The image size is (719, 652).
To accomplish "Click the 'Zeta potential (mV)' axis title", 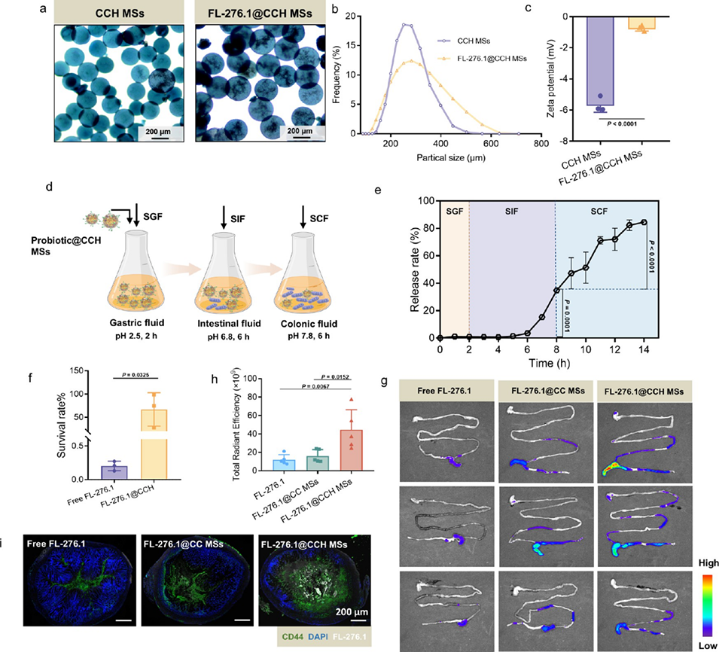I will [x=560, y=72].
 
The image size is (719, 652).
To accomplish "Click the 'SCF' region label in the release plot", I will [x=601, y=211].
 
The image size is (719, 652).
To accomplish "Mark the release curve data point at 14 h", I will [x=644, y=221].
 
